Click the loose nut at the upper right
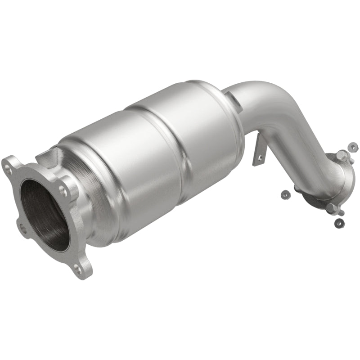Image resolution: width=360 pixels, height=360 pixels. tap(353, 147)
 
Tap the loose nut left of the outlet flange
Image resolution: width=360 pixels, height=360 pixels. tap(284, 194)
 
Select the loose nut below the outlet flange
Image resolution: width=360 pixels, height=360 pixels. tap(339, 222)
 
